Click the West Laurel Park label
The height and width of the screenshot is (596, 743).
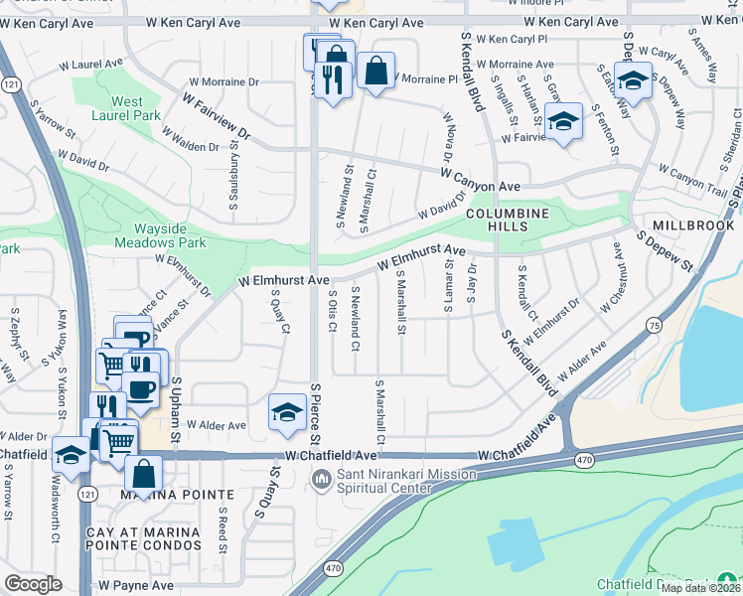(x=126, y=108)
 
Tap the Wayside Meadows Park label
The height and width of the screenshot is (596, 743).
(x=159, y=234)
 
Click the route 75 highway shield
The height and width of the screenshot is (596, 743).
(x=654, y=325)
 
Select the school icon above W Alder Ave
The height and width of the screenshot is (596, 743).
(x=287, y=412)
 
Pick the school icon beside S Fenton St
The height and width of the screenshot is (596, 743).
(x=563, y=122)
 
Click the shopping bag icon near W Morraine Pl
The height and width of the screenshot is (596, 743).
(x=375, y=72)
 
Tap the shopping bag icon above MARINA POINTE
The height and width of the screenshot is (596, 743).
(x=143, y=474)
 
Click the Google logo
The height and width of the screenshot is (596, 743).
(x=33, y=584)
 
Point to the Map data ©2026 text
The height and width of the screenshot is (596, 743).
(x=701, y=588)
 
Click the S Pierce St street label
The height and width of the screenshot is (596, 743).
(x=315, y=414)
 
